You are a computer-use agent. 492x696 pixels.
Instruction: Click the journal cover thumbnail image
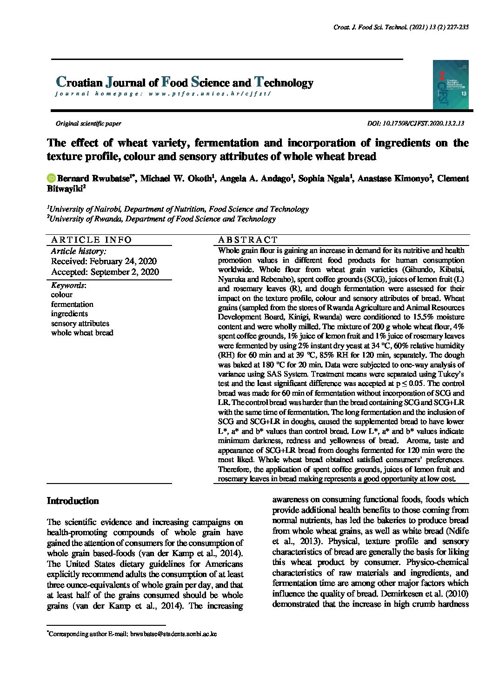pyautogui.click(x=450, y=85)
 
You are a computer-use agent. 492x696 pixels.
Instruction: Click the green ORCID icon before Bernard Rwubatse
pyautogui.click(x=51, y=179)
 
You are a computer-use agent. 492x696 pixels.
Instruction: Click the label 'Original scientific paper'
pyautogui.click(x=88, y=124)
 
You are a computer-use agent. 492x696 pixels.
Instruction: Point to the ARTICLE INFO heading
pyautogui.click(x=92, y=240)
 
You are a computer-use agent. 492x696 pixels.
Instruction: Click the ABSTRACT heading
pyautogui.click(x=247, y=240)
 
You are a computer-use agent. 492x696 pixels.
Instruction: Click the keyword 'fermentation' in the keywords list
pyautogui.click(x=72, y=304)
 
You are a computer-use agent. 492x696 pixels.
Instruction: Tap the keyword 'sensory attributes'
pyautogui.click(x=80, y=323)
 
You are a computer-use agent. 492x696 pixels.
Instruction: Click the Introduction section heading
pyautogui.click(x=73, y=501)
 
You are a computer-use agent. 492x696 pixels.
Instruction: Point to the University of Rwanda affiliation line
pyautogui.click(x=162, y=219)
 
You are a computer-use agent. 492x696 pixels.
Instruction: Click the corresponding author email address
pyautogui.click(x=173, y=634)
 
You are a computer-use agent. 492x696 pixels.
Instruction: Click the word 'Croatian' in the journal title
pyautogui.click(x=79, y=83)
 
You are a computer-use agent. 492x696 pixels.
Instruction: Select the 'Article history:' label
pyautogui.click(x=79, y=251)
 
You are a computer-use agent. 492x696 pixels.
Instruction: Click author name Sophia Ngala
pyautogui.click(x=324, y=179)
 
